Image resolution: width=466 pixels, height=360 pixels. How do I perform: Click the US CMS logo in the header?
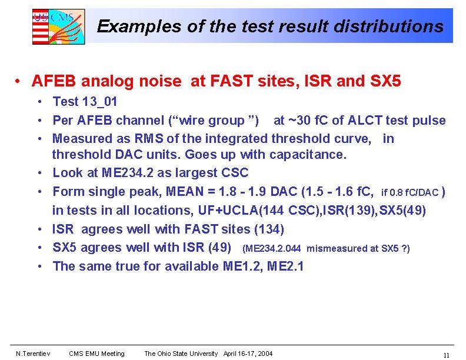(58, 26)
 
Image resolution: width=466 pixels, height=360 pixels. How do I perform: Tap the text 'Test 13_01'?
(85, 102)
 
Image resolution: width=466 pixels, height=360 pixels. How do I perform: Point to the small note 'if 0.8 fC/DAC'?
(410, 192)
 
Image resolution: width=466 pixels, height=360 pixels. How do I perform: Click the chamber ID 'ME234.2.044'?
(273, 249)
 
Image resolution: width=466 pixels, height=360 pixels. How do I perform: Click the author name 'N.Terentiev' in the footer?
(33, 354)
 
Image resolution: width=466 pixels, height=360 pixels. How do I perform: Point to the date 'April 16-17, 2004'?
(248, 354)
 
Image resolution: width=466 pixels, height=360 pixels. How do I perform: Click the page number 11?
(446, 355)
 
